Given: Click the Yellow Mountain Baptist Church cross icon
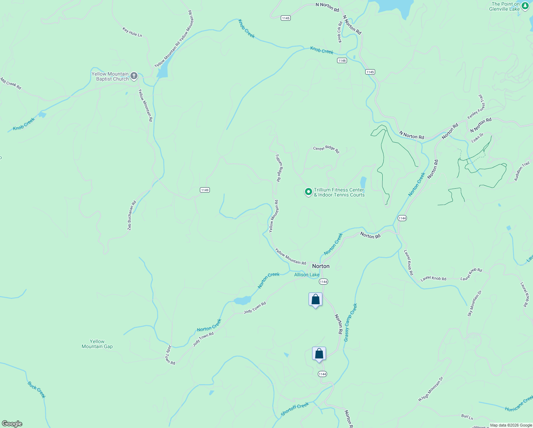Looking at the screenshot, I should point(134,76).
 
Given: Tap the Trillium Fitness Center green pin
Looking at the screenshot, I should point(308,192).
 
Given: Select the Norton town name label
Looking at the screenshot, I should point(321,266).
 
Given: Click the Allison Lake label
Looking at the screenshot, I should point(307,275).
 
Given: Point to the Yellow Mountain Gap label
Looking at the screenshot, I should point(97,344).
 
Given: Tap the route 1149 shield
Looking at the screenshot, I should point(205,190).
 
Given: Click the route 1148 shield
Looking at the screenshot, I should point(342,61).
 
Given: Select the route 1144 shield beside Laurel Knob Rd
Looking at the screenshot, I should point(402,218).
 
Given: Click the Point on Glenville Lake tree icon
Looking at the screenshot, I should point(525,6).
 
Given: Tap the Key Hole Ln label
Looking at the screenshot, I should point(132,32).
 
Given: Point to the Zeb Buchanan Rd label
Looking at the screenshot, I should point(132,215).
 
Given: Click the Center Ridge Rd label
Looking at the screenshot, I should point(326,149).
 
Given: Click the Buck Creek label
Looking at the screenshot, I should point(37,389).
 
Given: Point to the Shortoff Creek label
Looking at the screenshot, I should point(295,409).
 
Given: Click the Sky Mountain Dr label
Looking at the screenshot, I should point(475,304).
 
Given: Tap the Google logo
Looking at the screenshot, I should point(12,424).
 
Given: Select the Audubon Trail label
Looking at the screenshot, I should point(522,172).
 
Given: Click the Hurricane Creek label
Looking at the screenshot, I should point(519,403).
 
